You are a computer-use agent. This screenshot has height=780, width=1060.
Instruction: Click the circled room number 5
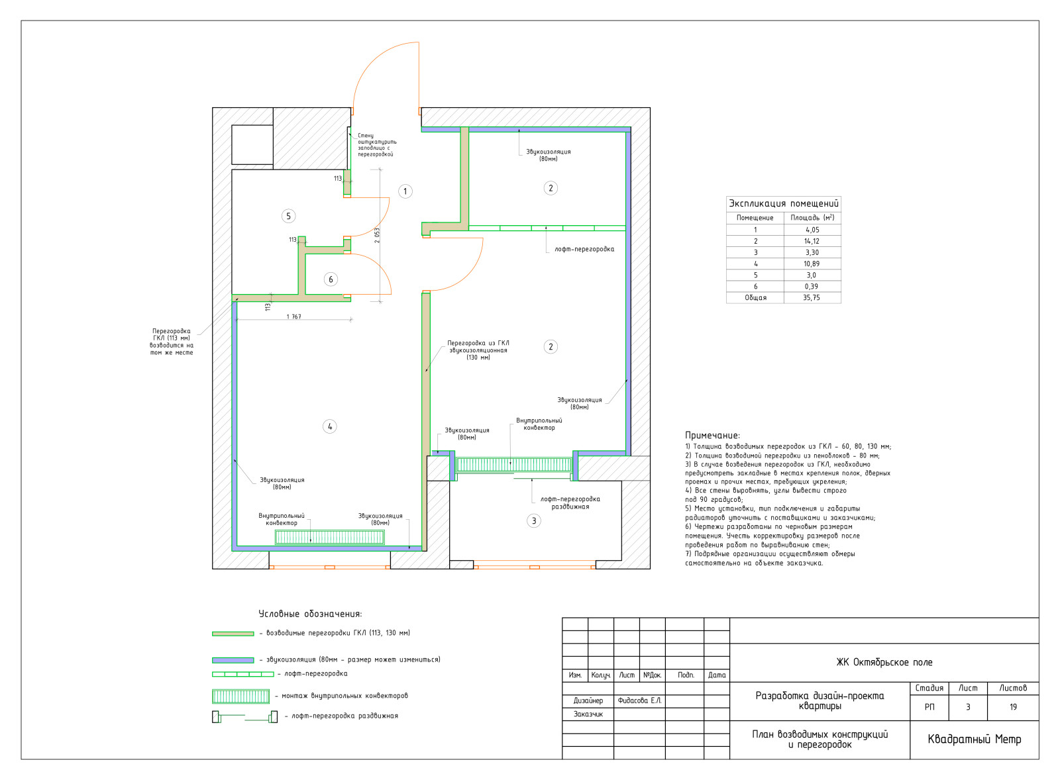click(289, 217)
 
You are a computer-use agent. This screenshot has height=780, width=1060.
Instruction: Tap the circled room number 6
click(331, 279)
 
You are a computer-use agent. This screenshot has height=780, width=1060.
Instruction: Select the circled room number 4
click(330, 426)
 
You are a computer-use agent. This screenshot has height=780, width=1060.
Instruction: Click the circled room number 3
click(534, 521)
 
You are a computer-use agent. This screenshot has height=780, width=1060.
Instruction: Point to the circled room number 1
click(405, 191)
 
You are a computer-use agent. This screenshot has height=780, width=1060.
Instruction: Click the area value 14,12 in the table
click(812, 241)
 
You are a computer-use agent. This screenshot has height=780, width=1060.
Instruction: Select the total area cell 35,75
click(812, 297)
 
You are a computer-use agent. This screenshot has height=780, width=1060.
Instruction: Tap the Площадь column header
click(812, 218)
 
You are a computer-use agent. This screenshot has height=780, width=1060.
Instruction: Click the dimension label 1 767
click(293, 317)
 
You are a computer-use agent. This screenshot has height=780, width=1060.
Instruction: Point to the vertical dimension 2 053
click(377, 236)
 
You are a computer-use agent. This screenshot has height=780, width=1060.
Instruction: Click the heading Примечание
click(712, 436)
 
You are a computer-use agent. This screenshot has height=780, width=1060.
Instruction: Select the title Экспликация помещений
click(784, 203)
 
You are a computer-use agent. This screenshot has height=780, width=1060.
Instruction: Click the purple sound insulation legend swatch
click(233, 660)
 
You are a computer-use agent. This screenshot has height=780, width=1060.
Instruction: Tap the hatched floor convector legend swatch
click(241, 697)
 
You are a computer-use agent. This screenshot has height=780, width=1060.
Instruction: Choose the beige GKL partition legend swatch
click(233, 634)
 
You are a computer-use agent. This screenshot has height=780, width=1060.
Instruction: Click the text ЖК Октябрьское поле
click(884, 662)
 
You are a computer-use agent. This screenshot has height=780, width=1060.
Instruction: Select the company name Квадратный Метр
click(975, 740)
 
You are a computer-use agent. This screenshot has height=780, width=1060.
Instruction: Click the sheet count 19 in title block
click(1013, 707)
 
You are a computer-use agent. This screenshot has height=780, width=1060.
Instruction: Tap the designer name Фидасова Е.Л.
click(639, 701)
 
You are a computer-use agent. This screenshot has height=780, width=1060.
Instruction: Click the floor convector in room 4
click(330, 538)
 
